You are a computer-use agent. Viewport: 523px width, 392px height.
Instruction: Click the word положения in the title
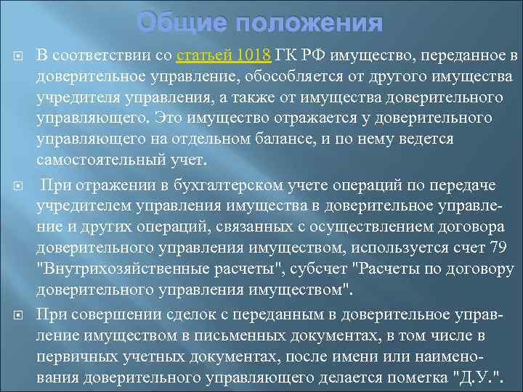pos(307,23)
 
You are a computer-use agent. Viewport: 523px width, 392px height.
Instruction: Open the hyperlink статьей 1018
pos(224,56)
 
